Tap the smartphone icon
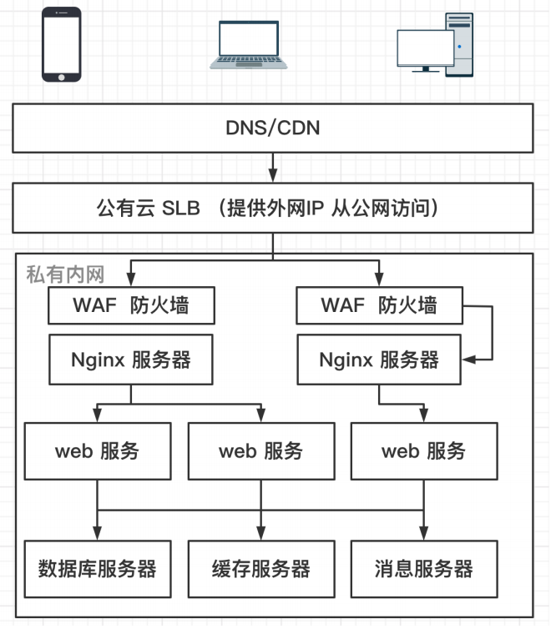(x=63, y=45)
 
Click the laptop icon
(x=248, y=46)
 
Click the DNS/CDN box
(x=272, y=128)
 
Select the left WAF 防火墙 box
(x=131, y=304)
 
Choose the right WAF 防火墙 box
(x=379, y=304)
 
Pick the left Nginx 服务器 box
(x=131, y=360)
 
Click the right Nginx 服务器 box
(x=379, y=360)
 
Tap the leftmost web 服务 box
(x=98, y=451)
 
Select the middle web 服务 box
(x=260, y=451)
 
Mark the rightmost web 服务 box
(x=423, y=451)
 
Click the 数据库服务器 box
(x=98, y=569)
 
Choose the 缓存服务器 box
(x=260, y=569)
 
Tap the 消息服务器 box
(x=423, y=569)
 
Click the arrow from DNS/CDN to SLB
(x=272, y=169)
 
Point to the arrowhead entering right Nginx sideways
(x=469, y=360)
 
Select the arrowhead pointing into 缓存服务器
(x=261, y=535)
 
